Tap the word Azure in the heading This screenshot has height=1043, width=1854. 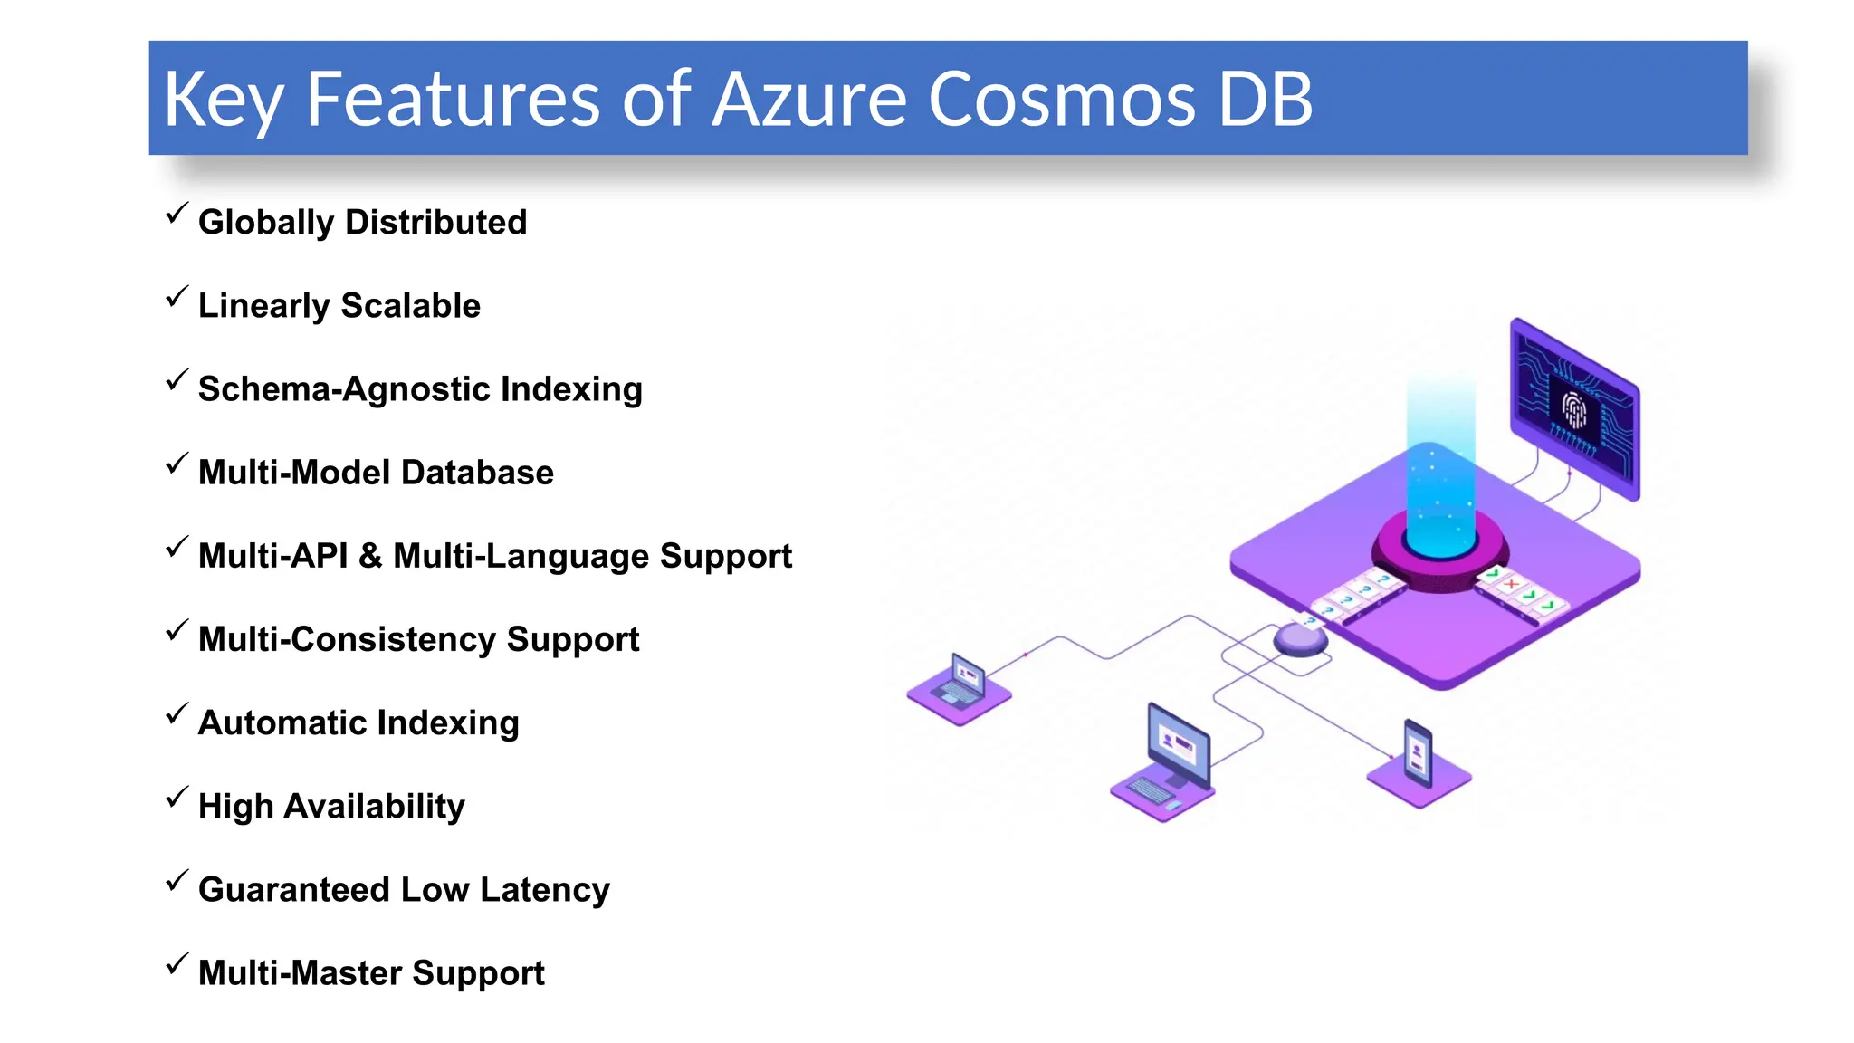click(809, 99)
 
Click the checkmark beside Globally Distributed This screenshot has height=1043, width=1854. click(177, 214)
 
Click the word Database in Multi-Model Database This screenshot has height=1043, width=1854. click(477, 473)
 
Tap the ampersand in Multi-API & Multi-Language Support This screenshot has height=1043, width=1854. click(369, 556)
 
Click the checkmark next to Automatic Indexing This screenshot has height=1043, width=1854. click(177, 714)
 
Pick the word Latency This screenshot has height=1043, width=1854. click(544, 889)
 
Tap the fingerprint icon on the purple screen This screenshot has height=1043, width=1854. click(1574, 411)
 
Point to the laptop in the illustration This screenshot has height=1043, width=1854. click(960, 684)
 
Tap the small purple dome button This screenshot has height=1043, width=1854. click(1301, 639)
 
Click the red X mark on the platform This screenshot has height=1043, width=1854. click(1511, 584)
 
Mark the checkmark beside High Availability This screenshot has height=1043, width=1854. click(177, 798)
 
